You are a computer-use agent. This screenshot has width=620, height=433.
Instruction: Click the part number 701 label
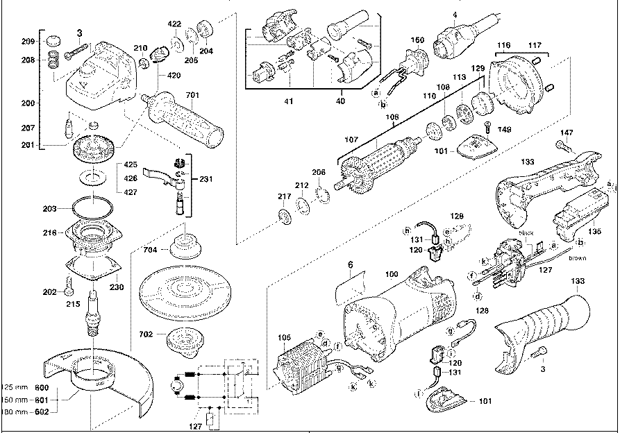(x=192, y=95)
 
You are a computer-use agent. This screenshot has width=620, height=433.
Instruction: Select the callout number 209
(x=27, y=42)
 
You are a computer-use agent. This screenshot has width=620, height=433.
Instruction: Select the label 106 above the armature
(x=393, y=117)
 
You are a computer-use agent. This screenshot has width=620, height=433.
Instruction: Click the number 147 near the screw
(x=567, y=132)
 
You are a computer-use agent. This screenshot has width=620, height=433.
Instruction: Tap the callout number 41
(x=288, y=102)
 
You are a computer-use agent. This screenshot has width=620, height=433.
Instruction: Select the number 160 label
(x=417, y=40)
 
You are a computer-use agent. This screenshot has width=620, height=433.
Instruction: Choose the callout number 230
(x=117, y=286)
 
